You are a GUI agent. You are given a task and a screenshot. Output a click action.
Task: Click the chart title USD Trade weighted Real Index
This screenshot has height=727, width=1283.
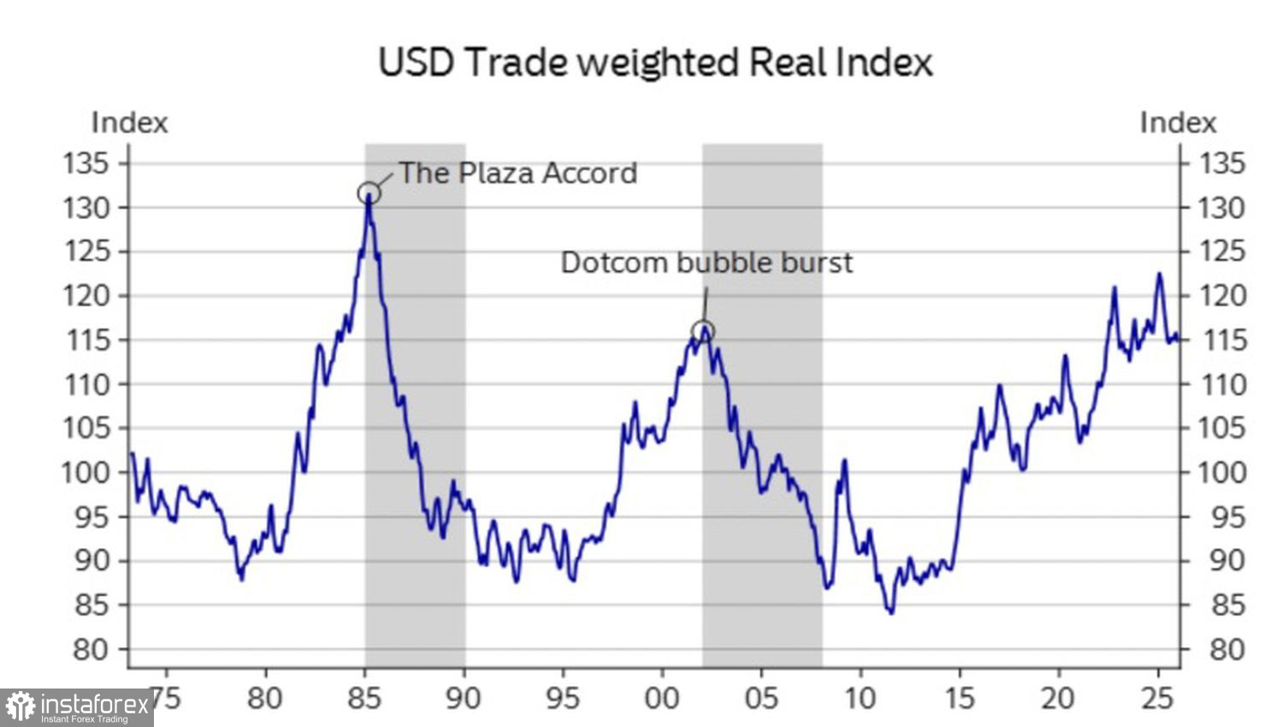[x=655, y=62]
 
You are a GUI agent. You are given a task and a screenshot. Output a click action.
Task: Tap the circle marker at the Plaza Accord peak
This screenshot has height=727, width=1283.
[x=369, y=192]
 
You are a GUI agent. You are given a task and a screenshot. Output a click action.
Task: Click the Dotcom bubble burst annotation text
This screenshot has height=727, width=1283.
[x=707, y=262]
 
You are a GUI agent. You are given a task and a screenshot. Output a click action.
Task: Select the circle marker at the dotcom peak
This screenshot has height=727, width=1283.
[x=702, y=331]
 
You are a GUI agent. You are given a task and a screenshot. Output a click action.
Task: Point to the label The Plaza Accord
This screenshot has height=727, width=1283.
[x=518, y=173]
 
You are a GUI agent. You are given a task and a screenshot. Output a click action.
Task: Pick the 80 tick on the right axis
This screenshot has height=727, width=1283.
[x=1227, y=649]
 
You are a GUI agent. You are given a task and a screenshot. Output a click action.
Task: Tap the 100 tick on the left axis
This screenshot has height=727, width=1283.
[x=86, y=472]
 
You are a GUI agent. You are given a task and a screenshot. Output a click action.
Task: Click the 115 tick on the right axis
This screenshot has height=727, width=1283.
[x=1227, y=340]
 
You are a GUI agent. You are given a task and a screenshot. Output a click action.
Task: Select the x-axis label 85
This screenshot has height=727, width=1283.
[x=364, y=698]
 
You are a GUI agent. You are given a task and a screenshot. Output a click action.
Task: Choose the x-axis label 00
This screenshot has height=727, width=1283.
[x=661, y=698]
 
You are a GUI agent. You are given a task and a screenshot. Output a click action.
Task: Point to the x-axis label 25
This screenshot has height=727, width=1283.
[x=1157, y=698]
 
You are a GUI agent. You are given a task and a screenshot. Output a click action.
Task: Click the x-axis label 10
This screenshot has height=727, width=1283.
[x=860, y=698]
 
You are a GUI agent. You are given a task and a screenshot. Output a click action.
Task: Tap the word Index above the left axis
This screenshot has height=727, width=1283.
[x=129, y=122]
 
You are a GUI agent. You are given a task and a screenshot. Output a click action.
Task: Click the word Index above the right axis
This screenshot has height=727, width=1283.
[x=1178, y=122]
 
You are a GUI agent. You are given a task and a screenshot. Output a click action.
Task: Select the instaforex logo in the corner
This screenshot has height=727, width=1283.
[x=77, y=707]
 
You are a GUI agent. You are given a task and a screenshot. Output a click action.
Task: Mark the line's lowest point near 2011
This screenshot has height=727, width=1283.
[x=891, y=612]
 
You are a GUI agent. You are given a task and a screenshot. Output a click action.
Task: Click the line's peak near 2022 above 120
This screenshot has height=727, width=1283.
[x=1114, y=288]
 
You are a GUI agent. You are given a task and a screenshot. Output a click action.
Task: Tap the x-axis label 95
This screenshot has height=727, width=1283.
[x=563, y=698]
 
